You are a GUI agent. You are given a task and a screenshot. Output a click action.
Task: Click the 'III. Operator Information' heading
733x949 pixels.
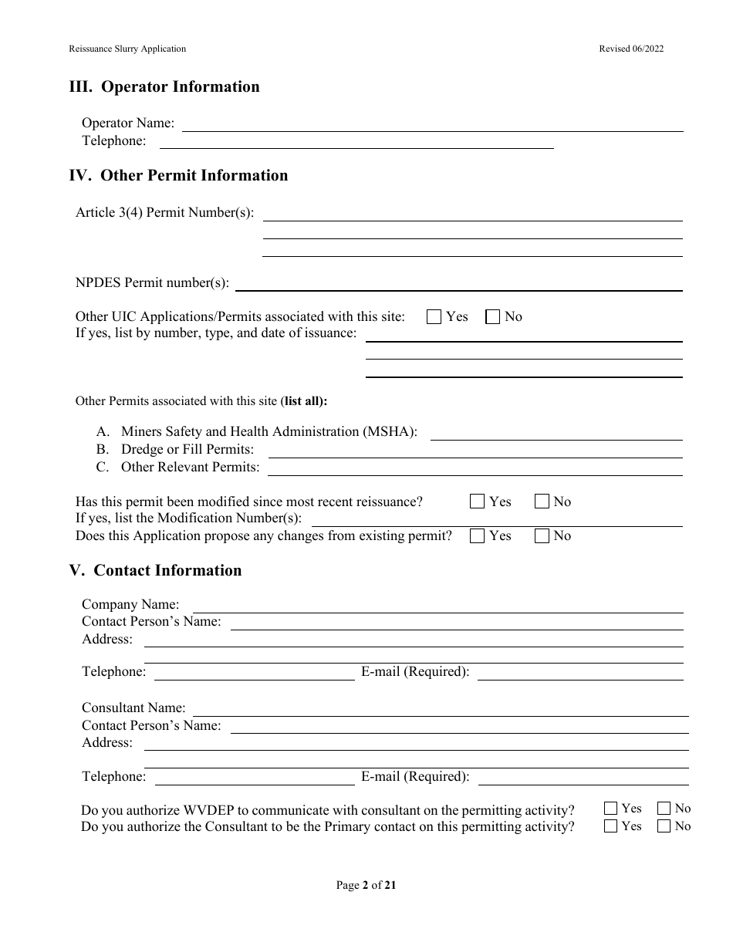click(x=164, y=87)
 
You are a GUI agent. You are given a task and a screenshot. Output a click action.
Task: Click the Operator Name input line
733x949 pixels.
click(x=432, y=125)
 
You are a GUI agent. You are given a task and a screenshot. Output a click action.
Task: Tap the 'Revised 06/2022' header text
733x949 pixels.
click(x=631, y=49)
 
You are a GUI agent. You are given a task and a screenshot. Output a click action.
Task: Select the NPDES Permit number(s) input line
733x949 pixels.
click(x=458, y=284)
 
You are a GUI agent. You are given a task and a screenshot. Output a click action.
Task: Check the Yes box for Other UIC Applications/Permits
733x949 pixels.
click(x=434, y=316)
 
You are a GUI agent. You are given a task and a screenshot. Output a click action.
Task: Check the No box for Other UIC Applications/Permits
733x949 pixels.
click(x=492, y=316)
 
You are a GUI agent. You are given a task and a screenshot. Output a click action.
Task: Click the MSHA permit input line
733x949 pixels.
click(x=556, y=434)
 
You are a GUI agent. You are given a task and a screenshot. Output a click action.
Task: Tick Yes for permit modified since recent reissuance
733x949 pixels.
click(x=477, y=502)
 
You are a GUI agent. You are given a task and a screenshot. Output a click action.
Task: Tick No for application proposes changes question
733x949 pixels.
click(x=542, y=535)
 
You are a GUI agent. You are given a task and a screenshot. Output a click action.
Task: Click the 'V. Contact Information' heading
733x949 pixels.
click(x=155, y=571)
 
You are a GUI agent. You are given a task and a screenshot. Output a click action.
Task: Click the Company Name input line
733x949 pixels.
click(x=437, y=606)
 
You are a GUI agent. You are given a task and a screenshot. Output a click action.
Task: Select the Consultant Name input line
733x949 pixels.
click(x=440, y=710)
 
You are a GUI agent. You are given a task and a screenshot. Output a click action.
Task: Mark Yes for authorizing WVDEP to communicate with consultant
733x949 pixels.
click(x=610, y=809)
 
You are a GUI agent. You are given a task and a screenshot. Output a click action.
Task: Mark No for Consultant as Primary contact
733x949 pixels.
click(x=664, y=826)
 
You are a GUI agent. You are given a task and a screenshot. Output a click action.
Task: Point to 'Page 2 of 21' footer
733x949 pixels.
click(x=366, y=886)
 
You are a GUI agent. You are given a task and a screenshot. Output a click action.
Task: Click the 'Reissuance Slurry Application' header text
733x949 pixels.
click(x=127, y=49)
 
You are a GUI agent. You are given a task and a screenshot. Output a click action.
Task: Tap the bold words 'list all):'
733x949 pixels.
click(x=306, y=401)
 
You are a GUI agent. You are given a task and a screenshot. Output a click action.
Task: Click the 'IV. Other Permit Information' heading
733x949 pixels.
click(x=178, y=176)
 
